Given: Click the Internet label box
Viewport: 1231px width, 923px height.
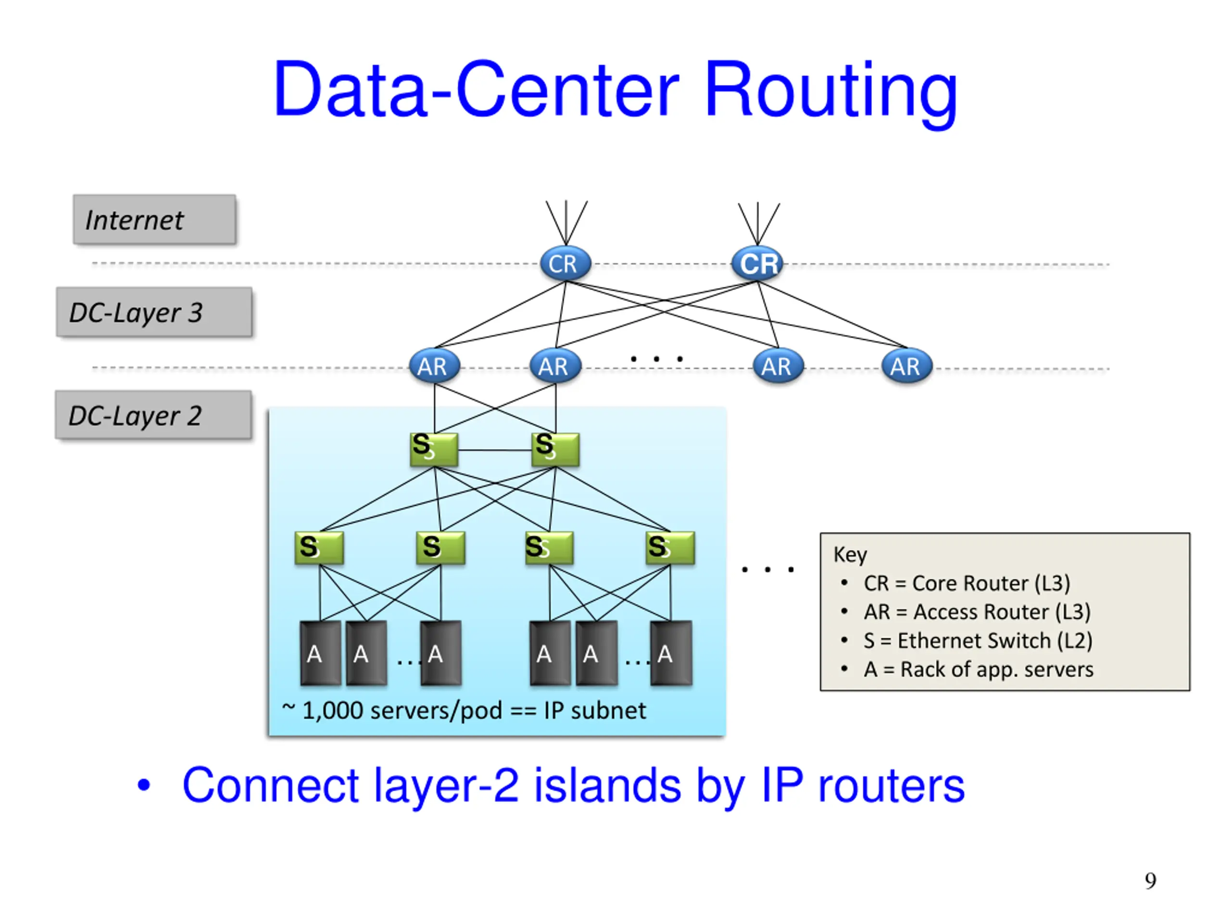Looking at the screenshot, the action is coord(155,219).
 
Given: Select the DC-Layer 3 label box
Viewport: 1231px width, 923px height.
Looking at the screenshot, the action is coord(154,312).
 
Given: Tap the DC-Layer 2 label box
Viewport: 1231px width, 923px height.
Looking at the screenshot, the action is coord(153,415).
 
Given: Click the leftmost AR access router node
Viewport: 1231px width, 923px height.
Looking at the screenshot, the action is coord(435,366).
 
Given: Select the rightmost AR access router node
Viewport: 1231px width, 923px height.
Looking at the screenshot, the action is coord(907,366).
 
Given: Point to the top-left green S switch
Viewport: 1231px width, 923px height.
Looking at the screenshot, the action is coord(434,449).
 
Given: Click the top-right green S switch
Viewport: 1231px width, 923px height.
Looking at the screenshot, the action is coord(555,449).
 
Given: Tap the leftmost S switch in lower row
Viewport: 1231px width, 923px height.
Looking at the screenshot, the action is coord(319,548).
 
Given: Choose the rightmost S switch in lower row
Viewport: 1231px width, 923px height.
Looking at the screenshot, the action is coord(670,548).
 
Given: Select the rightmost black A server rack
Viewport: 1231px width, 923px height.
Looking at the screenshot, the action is coord(671,653).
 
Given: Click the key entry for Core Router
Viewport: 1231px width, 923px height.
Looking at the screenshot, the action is coord(967,583).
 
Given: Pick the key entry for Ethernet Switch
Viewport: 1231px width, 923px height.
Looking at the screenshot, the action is coord(978,640).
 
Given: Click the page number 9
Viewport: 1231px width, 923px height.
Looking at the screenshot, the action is coord(1150,881).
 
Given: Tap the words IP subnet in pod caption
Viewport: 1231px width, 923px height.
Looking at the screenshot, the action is coord(595,711).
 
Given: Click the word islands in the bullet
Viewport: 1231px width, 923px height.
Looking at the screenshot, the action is coord(608,786).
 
